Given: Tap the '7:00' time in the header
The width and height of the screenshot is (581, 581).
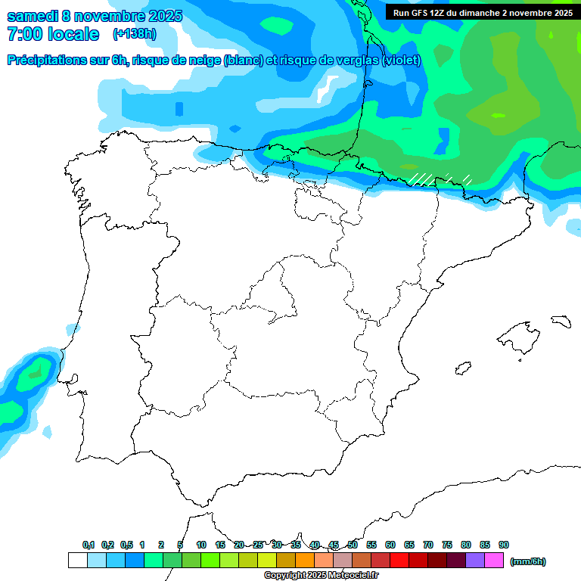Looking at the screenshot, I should [x=23, y=34].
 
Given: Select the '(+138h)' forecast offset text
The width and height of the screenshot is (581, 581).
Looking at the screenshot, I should [x=134, y=34].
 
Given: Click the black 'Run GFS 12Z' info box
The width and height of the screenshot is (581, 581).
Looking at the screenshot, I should [x=481, y=13].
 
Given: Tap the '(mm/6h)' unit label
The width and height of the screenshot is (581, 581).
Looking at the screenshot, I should [x=528, y=561].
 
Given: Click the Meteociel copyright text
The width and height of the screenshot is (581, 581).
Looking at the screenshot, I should [x=321, y=576].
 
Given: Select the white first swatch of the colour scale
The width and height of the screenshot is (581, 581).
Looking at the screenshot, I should [x=77, y=561].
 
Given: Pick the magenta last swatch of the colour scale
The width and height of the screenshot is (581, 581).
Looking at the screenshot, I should [x=493, y=561].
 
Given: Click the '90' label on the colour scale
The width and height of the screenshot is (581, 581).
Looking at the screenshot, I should [x=504, y=545].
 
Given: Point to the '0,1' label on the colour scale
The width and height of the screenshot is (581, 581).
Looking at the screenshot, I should [x=89, y=545].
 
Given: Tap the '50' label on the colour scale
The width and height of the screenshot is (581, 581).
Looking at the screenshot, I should [x=353, y=545].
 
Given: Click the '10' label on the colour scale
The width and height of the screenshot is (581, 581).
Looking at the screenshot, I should [x=201, y=545].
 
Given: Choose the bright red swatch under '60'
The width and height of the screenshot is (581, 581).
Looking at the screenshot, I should [x=399, y=561].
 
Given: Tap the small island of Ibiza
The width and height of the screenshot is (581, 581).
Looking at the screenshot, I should [x=462, y=369].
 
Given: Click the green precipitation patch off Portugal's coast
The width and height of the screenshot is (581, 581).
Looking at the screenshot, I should [x=33, y=372].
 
